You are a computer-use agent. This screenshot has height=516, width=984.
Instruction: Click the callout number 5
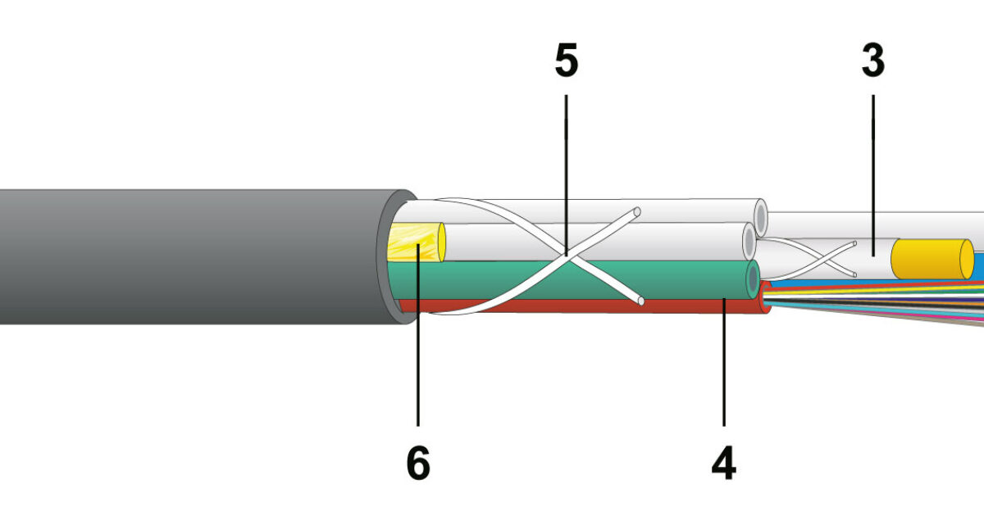567,61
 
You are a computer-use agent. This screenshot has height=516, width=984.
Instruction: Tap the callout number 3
872,61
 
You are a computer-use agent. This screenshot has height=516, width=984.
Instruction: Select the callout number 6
418,464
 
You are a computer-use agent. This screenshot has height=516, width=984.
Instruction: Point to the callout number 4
724,464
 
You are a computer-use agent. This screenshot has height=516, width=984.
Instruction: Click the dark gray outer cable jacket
189,256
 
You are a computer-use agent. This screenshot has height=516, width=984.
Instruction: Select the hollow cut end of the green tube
753,279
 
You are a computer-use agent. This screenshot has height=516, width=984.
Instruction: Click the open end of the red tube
766,297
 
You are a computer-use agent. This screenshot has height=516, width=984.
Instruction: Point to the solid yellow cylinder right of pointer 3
932,260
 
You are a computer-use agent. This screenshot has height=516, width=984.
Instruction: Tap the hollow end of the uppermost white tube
761,218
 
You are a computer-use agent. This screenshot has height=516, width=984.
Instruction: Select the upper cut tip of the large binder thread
637,212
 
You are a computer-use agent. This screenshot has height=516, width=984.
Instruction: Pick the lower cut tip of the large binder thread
640,301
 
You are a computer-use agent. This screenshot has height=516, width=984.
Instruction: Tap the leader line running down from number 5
567,175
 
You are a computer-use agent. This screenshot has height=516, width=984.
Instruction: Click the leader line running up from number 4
724,362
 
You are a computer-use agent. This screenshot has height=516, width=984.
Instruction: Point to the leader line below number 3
872,175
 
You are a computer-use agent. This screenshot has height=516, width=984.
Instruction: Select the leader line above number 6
418,335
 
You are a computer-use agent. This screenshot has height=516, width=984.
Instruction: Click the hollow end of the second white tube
749,242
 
